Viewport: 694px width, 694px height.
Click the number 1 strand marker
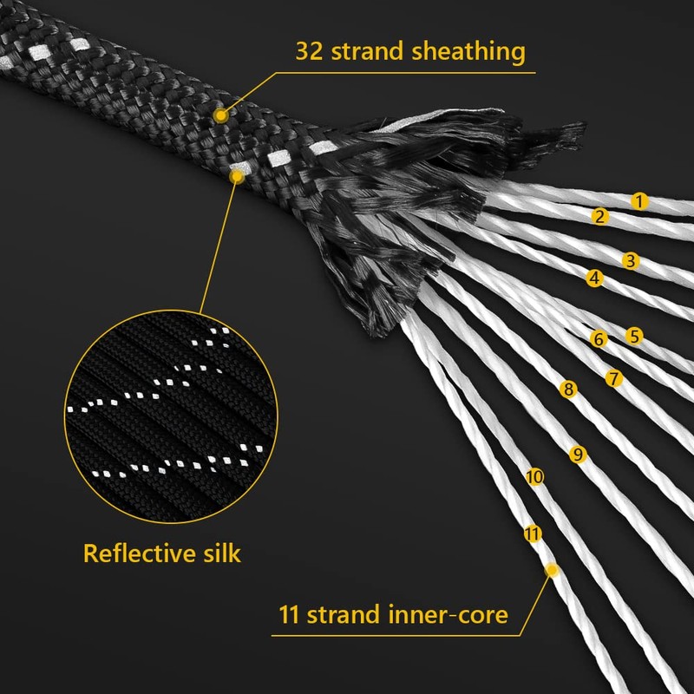639,201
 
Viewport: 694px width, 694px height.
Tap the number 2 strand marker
599,217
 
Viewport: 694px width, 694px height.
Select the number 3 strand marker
631,259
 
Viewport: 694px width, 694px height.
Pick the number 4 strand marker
594,278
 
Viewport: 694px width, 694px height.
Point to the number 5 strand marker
634,335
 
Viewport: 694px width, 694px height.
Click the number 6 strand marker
598,339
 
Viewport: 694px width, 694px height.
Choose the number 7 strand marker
614,378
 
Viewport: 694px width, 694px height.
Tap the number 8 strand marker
568,390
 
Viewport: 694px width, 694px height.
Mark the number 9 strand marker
579,453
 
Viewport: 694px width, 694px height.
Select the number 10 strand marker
534,476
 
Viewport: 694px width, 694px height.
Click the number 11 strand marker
533,534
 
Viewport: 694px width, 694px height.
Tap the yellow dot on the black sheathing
222,115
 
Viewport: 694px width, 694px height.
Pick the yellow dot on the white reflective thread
235,176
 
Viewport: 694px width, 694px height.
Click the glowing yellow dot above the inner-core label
550,570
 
